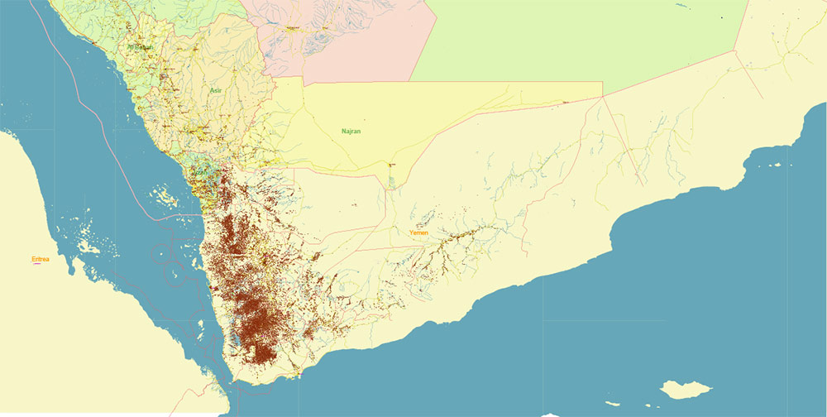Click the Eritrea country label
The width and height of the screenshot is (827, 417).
tap(41, 260)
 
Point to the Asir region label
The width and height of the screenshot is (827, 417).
tap(217, 90)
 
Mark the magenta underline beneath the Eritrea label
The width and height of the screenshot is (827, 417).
tap(37, 265)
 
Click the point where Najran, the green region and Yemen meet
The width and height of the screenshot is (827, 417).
tap(603, 96)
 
